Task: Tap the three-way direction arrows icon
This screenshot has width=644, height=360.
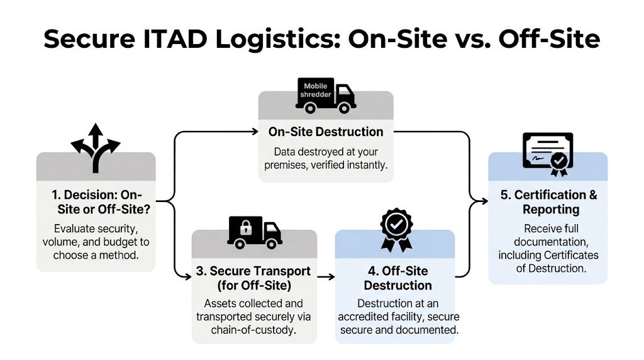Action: tap(95, 147)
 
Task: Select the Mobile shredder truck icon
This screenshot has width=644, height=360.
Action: tap(325, 95)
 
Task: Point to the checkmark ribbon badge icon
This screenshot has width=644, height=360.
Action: tap(396, 229)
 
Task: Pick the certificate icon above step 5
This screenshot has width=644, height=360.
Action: tap(548, 153)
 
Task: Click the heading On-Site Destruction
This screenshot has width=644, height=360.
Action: tap(326, 132)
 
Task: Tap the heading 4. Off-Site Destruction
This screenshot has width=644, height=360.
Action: tap(397, 278)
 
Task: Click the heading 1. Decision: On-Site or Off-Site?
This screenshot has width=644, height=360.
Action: tap(95, 201)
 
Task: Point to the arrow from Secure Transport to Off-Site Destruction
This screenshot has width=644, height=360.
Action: tap(325, 276)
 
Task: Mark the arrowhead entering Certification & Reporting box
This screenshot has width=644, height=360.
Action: tap(484, 201)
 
